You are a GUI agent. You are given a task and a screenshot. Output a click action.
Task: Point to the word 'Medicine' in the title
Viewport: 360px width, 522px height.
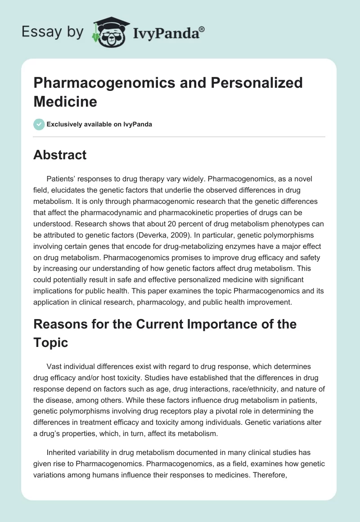tap(65, 101)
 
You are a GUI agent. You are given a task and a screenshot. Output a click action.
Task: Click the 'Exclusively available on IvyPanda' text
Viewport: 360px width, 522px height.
tap(99, 124)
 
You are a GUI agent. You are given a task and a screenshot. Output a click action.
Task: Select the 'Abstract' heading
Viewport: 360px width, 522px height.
tap(60, 155)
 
